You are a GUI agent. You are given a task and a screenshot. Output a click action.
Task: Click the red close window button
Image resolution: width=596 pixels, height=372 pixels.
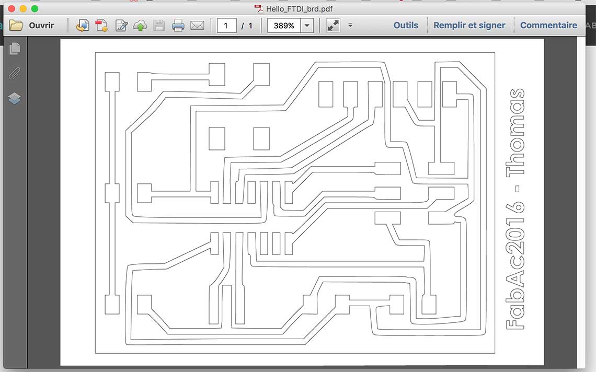(12, 9)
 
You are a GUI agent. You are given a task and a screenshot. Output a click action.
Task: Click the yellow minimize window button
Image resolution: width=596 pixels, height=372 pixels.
(23, 9)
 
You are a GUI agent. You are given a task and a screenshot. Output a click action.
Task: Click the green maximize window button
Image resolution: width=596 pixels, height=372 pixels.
(35, 9)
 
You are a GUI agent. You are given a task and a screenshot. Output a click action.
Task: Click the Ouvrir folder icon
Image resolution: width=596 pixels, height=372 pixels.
(16, 26)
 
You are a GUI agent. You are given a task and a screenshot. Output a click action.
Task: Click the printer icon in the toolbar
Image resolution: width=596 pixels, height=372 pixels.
(178, 26)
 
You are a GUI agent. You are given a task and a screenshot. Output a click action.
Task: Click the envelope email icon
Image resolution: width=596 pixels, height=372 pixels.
(197, 26)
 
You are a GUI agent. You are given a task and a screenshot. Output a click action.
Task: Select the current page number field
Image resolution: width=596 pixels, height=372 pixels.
(226, 26)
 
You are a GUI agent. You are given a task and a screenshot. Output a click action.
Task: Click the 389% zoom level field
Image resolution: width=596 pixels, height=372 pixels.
(284, 26)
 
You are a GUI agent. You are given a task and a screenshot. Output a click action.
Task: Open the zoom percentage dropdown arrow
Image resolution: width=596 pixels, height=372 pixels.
(307, 26)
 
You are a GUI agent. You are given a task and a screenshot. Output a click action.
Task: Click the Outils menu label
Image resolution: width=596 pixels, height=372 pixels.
(406, 26)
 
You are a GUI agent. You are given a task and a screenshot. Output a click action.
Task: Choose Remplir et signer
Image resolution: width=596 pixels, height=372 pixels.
(469, 26)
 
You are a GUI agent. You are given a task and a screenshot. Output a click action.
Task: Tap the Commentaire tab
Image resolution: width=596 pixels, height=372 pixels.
(548, 26)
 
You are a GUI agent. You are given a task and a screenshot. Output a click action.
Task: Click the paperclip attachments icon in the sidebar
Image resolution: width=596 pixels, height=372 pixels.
(15, 73)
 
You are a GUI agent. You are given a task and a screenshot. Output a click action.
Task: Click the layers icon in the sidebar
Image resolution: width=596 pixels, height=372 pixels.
(15, 98)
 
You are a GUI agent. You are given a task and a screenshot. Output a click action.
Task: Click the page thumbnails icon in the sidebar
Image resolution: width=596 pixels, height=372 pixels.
(15, 49)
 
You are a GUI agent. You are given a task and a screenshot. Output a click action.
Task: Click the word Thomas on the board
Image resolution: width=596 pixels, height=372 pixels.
(515, 132)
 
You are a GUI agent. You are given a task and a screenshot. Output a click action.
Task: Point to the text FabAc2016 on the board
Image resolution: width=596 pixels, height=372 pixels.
(515, 265)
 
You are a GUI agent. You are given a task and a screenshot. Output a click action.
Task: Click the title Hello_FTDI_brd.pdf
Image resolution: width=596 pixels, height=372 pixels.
(299, 9)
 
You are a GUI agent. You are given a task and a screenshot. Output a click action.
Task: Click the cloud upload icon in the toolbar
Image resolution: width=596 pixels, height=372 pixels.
(140, 26)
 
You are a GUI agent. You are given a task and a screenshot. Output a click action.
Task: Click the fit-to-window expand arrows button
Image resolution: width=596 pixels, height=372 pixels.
(333, 26)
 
